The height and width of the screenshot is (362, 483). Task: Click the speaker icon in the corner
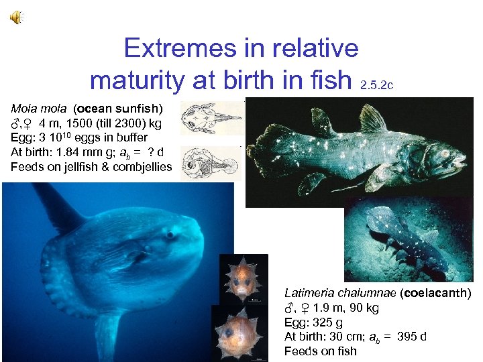15,18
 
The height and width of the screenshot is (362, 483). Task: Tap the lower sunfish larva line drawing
211,163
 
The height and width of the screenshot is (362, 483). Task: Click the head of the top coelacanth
447,158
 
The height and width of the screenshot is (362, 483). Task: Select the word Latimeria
309,294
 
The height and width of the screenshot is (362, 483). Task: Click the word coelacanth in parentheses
439,294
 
